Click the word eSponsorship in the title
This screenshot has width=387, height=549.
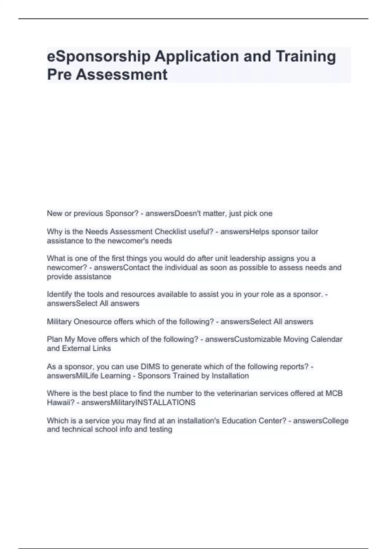pos(99,57)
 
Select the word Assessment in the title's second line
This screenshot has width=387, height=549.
pos(122,75)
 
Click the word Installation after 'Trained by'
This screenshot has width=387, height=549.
pos(230,376)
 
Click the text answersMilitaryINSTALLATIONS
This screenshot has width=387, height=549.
pos(138,402)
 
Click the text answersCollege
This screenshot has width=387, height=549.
pos(321,420)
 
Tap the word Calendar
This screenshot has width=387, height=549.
pos(326,339)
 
